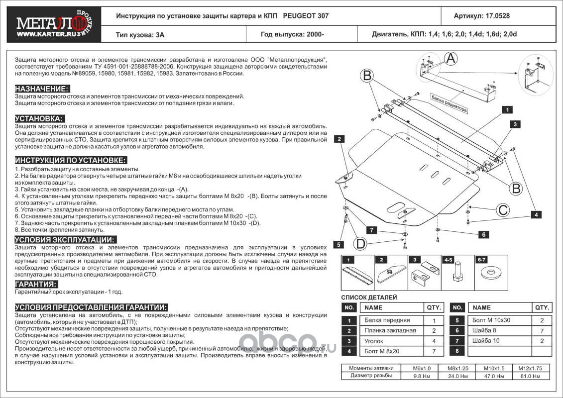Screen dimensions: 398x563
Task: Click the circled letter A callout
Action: click(x=450, y=59)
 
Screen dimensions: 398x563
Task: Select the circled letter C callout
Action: click(x=503, y=210)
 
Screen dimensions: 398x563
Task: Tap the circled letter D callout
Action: click(x=361, y=244)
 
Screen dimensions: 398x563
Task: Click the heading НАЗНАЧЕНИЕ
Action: click(x=42, y=89)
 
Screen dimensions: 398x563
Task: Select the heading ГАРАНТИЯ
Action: click(x=36, y=284)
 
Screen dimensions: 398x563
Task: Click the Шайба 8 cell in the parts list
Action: click(x=484, y=331)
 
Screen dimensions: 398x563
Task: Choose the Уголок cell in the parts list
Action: click(x=375, y=341)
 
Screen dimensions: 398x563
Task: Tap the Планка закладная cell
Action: click(x=390, y=331)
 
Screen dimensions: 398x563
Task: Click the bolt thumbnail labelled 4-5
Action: click(x=456, y=272)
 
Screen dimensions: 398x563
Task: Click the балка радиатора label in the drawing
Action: click(x=449, y=103)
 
